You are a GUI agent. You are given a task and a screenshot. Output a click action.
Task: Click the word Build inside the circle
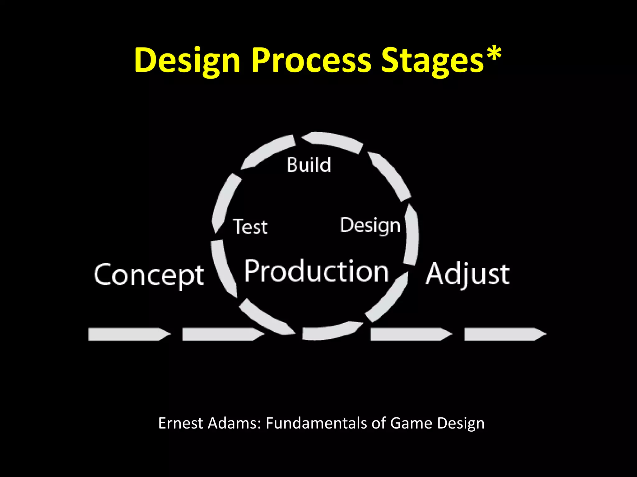[309, 165]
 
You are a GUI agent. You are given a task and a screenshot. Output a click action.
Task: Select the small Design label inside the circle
[370, 225]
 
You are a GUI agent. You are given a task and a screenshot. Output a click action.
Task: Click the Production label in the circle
[316, 271]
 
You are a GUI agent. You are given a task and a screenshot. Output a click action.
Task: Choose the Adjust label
[467, 275]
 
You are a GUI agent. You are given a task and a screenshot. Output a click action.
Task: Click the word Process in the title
[311, 60]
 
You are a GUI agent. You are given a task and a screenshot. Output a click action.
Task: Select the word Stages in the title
[432, 60]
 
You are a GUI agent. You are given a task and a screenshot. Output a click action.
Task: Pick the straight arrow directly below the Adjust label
[411, 334]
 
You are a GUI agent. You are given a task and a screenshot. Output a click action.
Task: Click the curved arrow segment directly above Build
[332, 142]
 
